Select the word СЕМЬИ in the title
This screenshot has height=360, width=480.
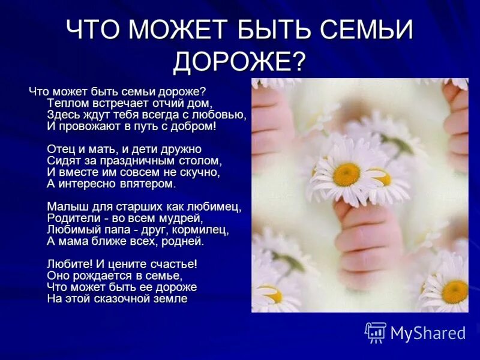361,30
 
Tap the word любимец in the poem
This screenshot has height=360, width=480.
217,207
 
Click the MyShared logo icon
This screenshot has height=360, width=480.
376,332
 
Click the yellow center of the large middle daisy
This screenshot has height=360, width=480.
346,175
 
